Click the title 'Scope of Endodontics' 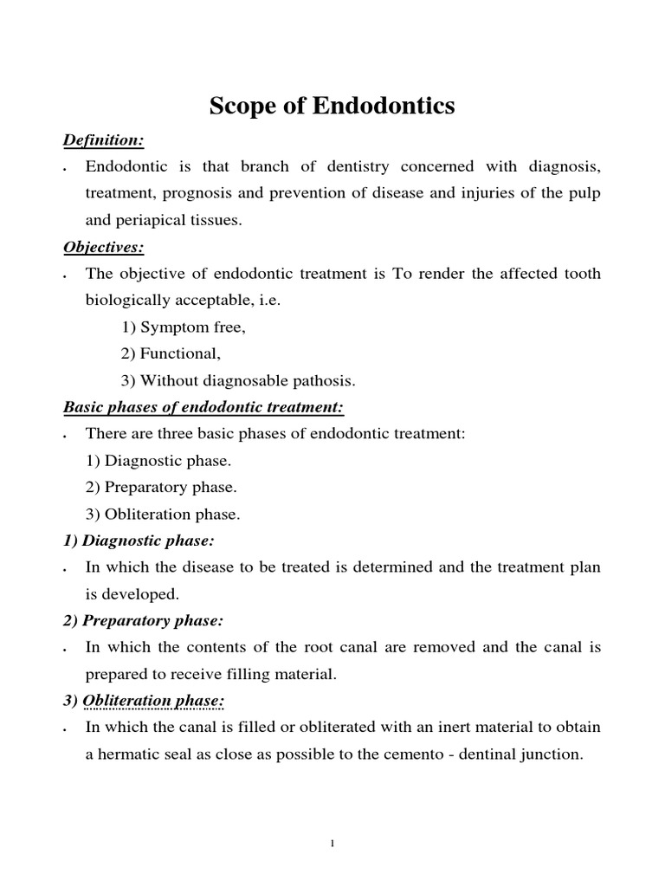click(x=332, y=107)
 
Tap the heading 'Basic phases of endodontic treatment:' click(x=203, y=407)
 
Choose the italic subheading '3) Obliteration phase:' click(x=144, y=701)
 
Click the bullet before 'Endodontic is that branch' click(x=67, y=169)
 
